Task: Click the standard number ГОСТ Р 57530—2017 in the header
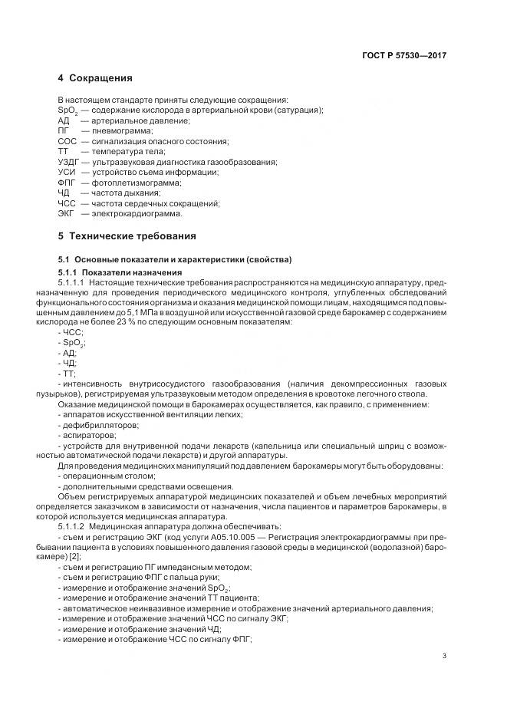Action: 404,56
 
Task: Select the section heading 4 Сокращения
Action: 95,78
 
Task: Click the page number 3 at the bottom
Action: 446,657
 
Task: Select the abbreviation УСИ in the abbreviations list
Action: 66,173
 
